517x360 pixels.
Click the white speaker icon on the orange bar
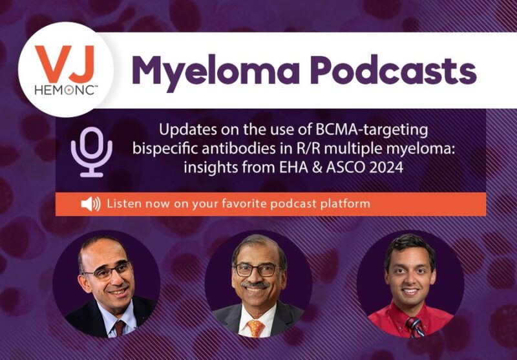(90, 204)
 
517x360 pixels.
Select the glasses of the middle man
(258, 269)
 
